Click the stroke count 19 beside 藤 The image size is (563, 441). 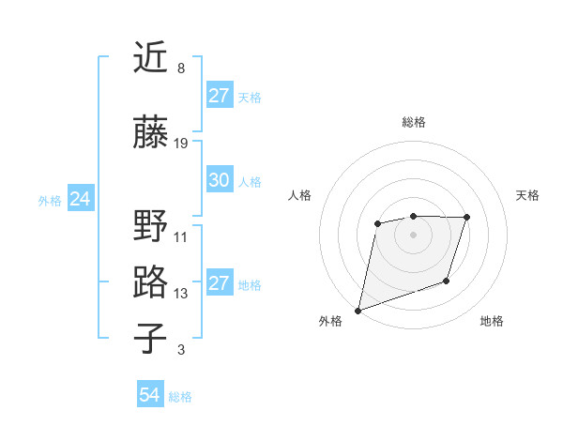[181, 144]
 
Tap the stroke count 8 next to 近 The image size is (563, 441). [181, 68]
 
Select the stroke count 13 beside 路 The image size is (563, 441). [181, 294]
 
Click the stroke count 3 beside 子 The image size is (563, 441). [181, 350]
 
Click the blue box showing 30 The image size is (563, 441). [220, 180]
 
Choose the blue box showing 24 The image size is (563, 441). [80, 199]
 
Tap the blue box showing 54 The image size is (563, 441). [150, 396]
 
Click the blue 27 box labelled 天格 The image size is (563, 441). [220, 96]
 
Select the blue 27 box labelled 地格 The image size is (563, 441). [220, 283]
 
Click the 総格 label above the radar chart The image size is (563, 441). [414, 122]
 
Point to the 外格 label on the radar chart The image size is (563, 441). [330, 322]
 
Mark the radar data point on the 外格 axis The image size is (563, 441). [358, 310]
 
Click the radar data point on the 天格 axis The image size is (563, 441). [466, 218]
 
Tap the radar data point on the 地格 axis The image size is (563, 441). [447, 281]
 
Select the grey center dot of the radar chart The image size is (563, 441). [413, 235]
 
